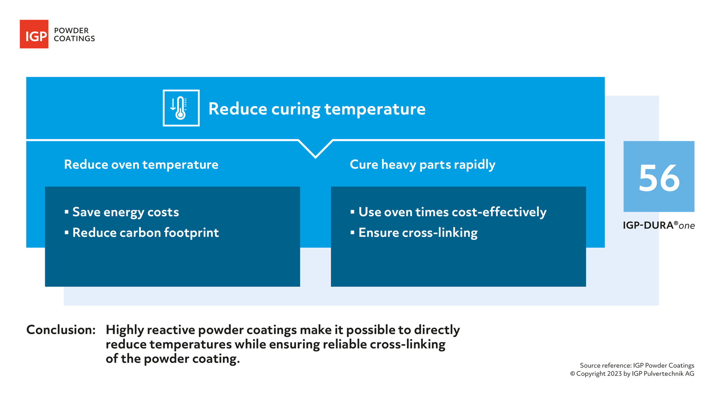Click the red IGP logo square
[x=34, y=34]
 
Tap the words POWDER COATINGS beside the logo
[x=74, y=34]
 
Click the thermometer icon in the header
[x=181, y=108]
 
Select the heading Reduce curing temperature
[x=317, y=109]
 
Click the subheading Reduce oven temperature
[x=141, y=164]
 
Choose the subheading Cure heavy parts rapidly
[x=422, y=164]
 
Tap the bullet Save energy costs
[x=125, y=212]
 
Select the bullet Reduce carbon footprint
[x=145, y=233]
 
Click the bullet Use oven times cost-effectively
[x=452, y=212]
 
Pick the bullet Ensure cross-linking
[x=418, y=233]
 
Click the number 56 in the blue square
[x=659, y=178]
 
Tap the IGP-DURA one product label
[x=658, y=225]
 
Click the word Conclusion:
[x=61, y=330]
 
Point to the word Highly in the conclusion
[x=125, y=330]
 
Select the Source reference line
[x=637, y=365]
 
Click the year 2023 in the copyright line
[x=614, y=374]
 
